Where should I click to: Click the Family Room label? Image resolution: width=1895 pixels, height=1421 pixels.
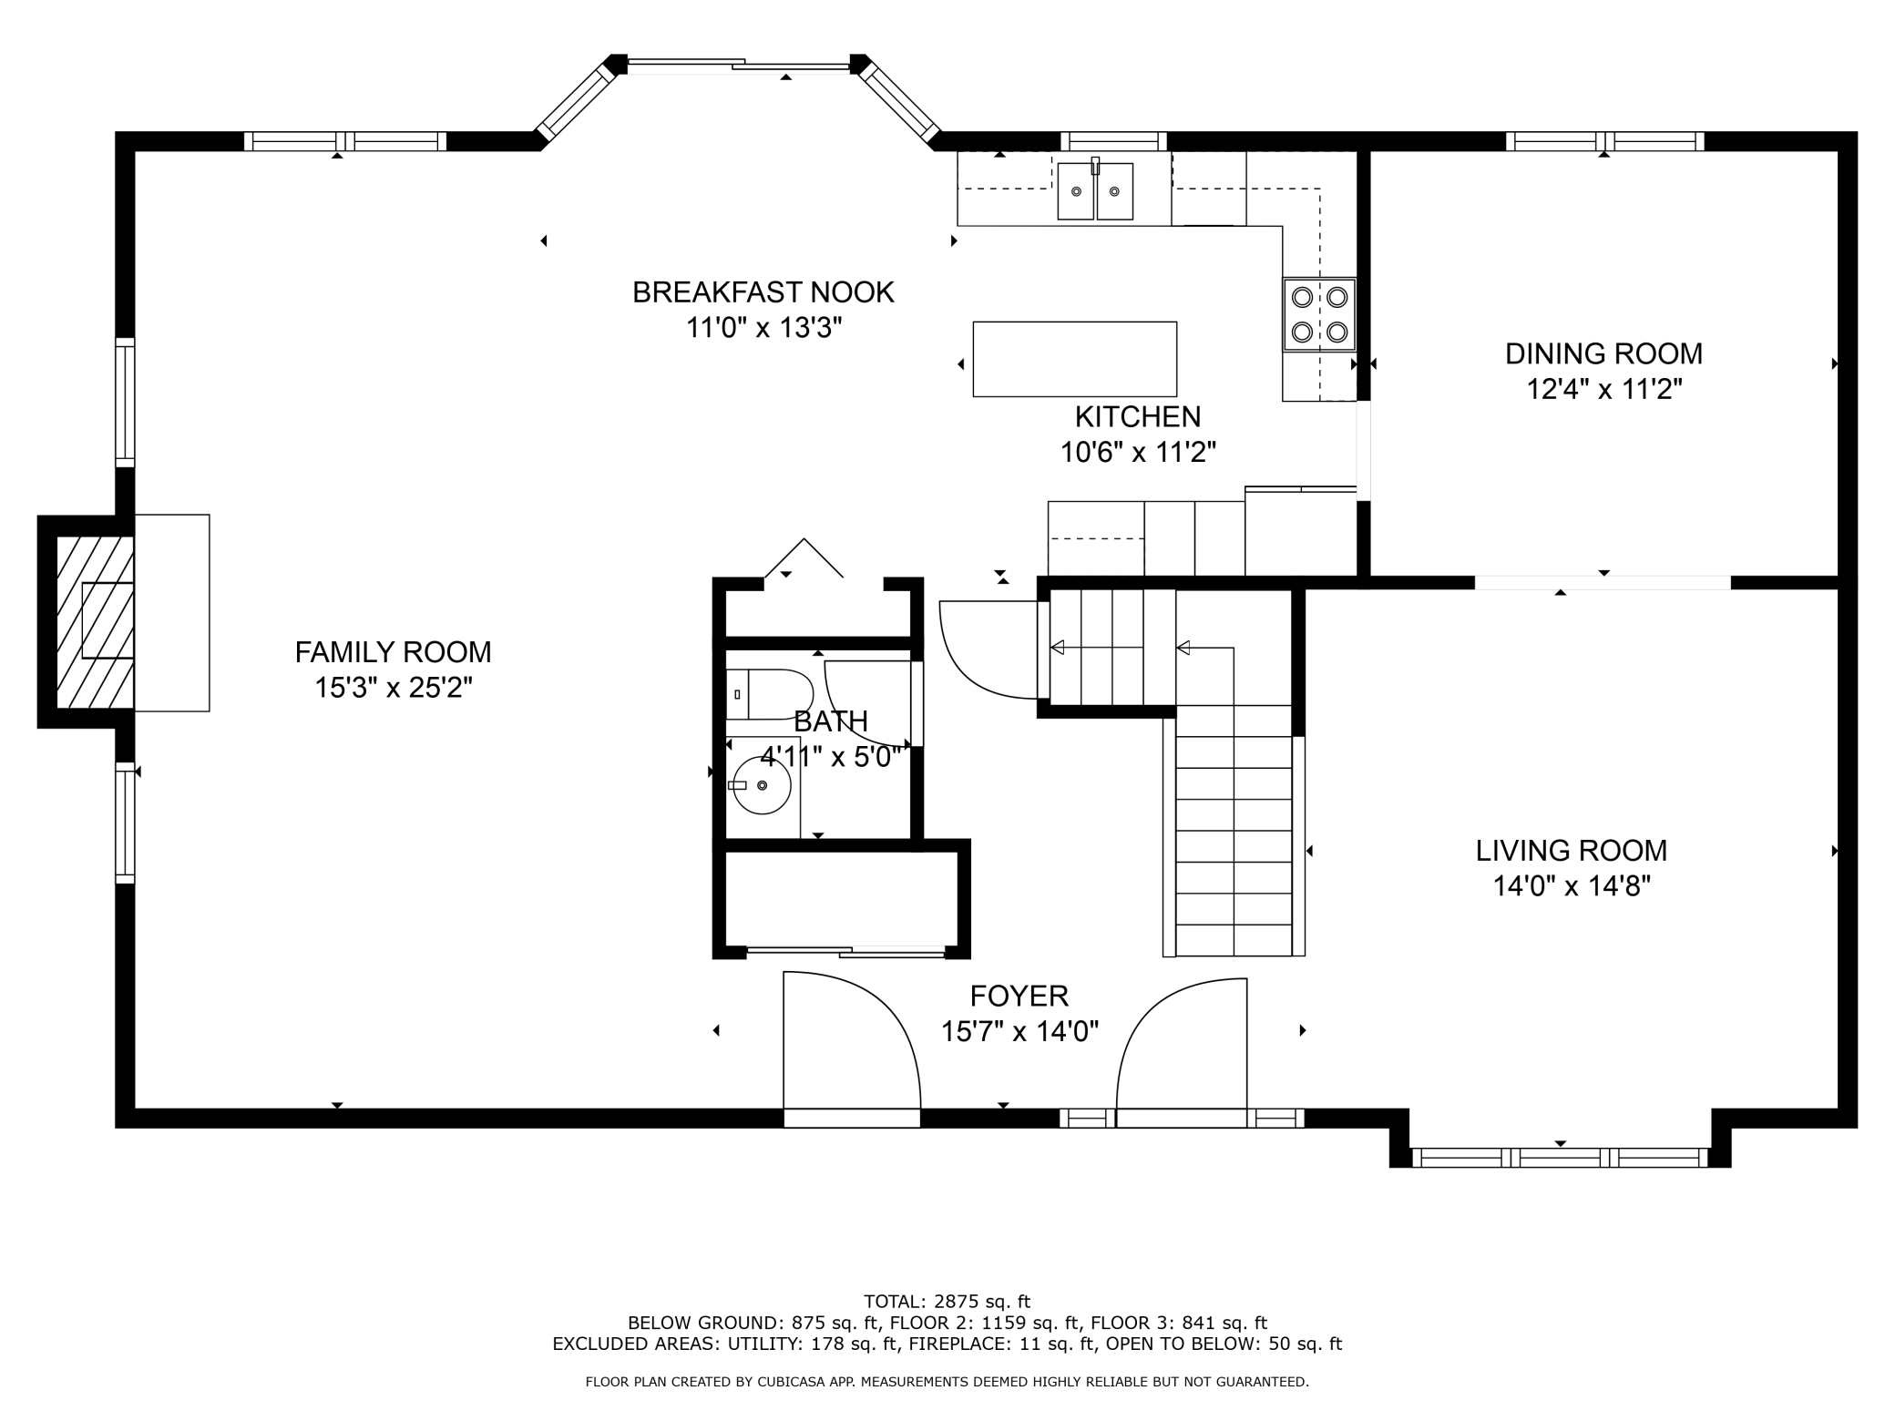pos(393,652)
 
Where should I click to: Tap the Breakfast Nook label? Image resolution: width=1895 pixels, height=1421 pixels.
pos(763,292)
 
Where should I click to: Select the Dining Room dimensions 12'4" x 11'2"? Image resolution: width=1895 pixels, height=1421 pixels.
pos(1604,389)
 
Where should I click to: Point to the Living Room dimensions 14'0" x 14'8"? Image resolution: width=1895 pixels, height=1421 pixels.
pos(1572,885)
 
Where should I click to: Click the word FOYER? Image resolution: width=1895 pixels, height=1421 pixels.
pos(1019,996)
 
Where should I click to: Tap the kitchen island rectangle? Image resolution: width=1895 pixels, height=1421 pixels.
pos(1075,359)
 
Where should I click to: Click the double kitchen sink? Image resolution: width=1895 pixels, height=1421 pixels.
pos(1095,191)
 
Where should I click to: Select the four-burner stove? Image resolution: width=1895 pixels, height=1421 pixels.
pos(1319,314)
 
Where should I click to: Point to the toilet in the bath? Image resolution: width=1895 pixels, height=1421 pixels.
pos(769,693)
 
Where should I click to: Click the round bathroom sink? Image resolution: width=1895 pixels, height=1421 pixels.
pos(762,785)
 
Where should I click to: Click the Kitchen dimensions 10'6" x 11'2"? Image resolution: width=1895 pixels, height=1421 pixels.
pos(1138,452)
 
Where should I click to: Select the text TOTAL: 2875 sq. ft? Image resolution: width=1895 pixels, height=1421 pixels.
pos(947,1302)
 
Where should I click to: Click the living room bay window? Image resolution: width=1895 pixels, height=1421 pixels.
pos(1560,1158)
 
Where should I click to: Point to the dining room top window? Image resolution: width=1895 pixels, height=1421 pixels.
pos(1604,141)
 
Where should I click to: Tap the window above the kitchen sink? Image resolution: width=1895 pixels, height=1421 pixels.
pos(1113,141)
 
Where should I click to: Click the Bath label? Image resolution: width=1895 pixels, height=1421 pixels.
pos(831,721)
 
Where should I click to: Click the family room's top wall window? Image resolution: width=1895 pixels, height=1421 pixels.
pos(345,141)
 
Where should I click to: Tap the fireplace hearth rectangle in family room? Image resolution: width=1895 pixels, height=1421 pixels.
pos(172,613)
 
